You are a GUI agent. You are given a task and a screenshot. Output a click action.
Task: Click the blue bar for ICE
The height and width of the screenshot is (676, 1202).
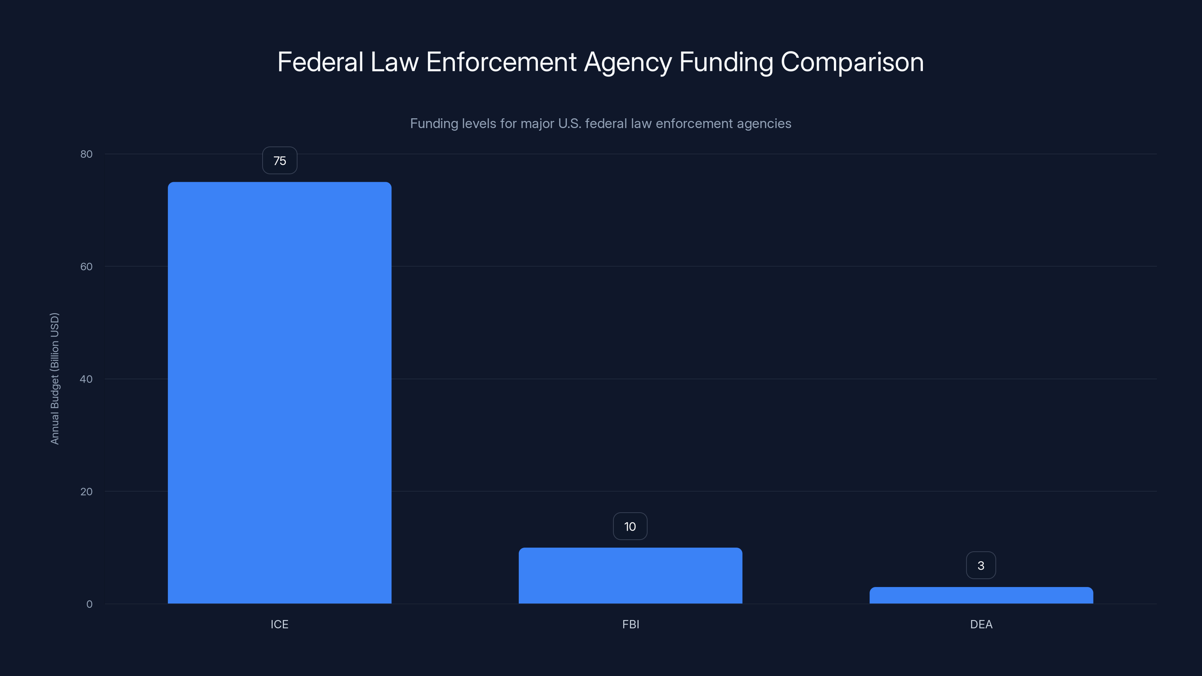(x=279, y=392)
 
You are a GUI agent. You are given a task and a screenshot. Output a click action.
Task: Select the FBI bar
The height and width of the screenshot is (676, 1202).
(x=630, y=575)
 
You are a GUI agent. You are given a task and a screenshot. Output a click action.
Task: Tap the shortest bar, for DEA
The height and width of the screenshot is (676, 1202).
(x=981, y=595)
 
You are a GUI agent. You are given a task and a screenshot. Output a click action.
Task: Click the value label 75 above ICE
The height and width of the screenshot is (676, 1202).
(x=279, y=160)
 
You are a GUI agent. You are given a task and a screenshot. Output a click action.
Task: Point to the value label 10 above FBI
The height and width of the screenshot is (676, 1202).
(x=630, y=526)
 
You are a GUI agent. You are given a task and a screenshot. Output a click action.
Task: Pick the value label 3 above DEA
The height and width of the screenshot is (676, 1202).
(x=981, y=566)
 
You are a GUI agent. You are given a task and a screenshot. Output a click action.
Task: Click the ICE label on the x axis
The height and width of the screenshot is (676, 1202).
(x=279, y=624)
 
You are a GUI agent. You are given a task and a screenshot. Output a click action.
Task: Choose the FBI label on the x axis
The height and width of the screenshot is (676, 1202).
(x=630, y=624)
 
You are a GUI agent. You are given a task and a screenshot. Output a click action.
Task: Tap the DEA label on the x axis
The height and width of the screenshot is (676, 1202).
(x=981, y=624)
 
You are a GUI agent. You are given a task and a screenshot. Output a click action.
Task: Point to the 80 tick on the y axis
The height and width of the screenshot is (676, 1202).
(x=86, y=154)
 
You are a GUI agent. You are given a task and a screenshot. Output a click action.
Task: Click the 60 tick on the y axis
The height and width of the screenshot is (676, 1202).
(x=86, y=266)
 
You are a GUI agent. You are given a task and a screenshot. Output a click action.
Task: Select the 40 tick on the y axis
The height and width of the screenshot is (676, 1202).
(x=86, y=379)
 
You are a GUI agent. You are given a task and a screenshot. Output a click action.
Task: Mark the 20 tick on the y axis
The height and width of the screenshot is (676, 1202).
(x=86, y=491)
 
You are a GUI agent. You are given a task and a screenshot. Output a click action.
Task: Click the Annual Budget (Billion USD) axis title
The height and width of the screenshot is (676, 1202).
(x=54, y=378)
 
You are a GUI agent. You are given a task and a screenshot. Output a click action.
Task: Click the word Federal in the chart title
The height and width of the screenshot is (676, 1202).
(x=320, y=62)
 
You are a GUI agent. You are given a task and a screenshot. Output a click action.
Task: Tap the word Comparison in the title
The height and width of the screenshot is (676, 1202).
(x=852, y=62)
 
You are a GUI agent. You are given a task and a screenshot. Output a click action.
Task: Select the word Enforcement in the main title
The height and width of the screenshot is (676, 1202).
(x=501, y=62)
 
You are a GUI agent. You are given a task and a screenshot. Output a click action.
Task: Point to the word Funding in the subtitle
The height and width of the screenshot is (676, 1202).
(x=434, y=124)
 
